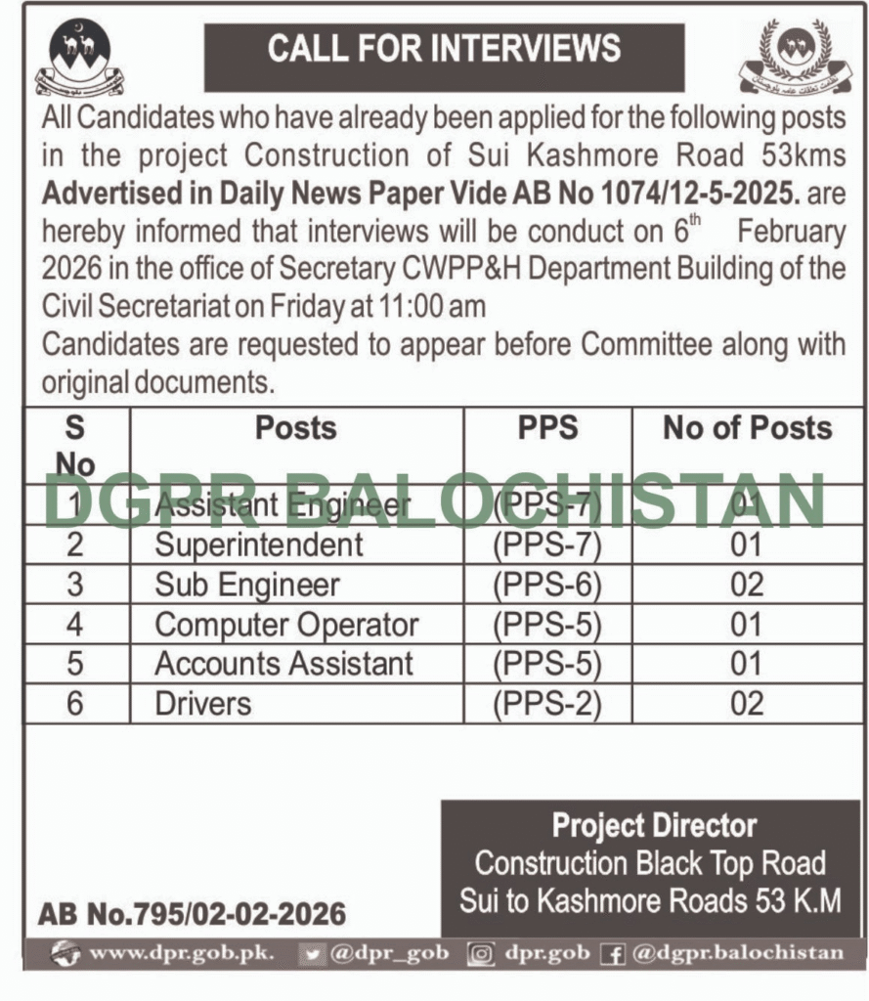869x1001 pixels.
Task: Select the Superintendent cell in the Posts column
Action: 258,544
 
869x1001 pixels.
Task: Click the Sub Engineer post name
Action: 247,585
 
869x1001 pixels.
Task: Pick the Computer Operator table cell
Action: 286,625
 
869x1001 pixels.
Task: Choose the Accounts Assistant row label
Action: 283,664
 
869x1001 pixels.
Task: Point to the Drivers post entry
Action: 202,704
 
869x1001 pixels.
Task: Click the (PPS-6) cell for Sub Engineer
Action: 546,585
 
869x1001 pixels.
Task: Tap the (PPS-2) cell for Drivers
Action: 546,704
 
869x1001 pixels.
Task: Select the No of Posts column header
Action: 747,428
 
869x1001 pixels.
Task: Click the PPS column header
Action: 546,428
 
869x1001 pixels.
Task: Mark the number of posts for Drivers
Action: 747,704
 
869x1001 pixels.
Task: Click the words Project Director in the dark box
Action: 654,826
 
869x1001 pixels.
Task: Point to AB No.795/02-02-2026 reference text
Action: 192,915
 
